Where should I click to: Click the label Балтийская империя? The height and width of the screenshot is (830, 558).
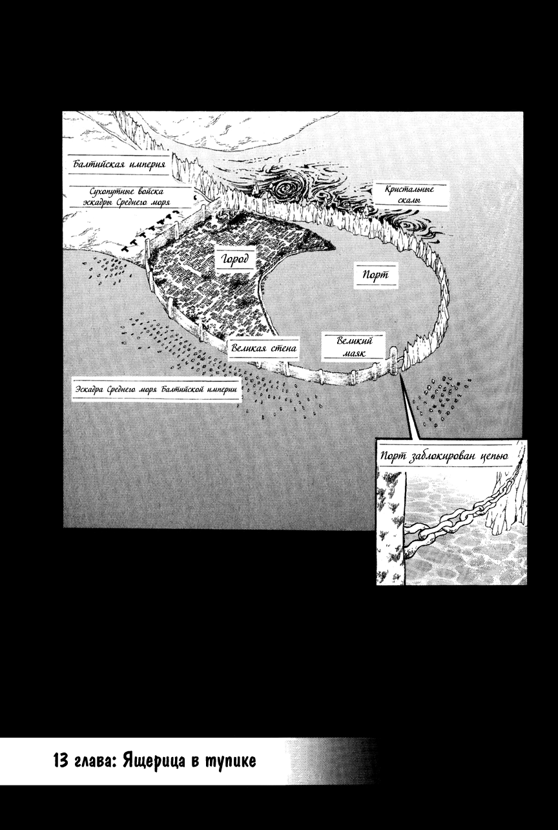point(119,164)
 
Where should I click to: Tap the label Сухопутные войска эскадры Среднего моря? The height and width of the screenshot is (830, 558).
point(127,197)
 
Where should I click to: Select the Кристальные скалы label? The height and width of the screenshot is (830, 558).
point(409,194)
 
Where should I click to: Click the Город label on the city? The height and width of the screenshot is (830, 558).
point(235,259)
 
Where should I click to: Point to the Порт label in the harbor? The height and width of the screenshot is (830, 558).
point(376,275)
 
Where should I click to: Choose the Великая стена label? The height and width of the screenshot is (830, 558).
point(263,348)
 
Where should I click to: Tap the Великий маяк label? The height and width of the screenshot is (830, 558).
point(354,346)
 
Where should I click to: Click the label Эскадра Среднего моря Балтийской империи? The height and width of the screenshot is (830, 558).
point(156,389)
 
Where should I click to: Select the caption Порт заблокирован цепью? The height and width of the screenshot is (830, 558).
point(444,456)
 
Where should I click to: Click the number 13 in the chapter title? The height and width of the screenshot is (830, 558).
point(61,761)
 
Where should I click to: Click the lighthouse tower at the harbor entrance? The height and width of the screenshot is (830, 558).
point(394,360)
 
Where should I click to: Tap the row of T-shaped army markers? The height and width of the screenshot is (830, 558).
point(150,231)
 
